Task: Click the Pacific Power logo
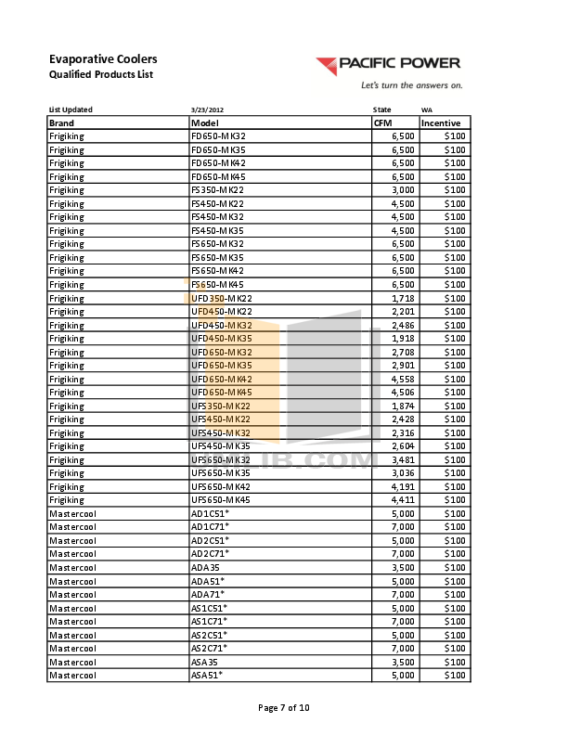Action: tap(387, 65)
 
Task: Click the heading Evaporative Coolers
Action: tap(102, 58)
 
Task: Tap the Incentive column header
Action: tap(441, 122)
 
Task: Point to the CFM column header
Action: tap(382, 122)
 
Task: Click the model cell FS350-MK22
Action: tap(216, 190)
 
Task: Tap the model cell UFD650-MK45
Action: tap(221, 393)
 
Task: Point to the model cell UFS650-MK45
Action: tap(221, 500)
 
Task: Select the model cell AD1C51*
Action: tap(210, 513)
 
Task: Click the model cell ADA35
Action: tap(205, 567)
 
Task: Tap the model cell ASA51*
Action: tap(207, 676)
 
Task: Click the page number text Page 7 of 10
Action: tap(283, 708)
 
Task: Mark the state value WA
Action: tap(426, 110)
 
